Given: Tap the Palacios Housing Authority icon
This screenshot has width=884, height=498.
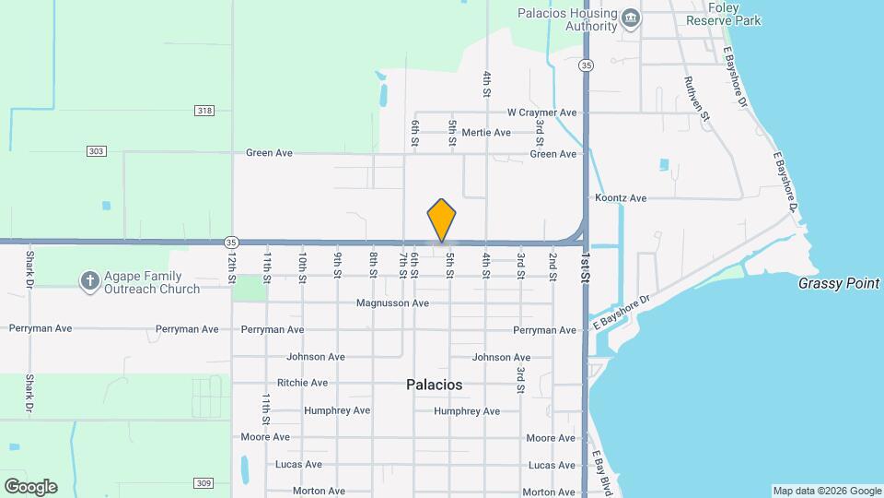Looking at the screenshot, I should (631, 19).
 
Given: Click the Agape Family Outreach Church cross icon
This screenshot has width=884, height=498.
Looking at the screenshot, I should (89, 281).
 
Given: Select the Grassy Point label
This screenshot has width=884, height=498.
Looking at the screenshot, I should (839, 284).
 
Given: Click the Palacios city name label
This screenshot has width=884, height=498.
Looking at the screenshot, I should (434, 385).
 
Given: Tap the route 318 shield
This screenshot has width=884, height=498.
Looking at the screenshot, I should (204, 111).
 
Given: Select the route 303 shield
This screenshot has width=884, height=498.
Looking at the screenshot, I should (96, 150).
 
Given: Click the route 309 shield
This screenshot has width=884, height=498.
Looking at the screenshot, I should (204, 482).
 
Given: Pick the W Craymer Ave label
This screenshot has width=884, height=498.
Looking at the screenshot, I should (541, 113).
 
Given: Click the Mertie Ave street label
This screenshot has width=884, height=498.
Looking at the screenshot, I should (486, 133).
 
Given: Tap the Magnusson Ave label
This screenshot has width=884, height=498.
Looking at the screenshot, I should (393, 302).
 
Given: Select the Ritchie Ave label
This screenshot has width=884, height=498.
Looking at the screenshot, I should (302, 383).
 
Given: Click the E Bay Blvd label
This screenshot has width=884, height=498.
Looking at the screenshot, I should (602, 471).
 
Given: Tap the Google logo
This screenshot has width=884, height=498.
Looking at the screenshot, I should (30, 486).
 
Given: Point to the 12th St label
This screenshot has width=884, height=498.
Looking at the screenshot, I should (232, 267).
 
